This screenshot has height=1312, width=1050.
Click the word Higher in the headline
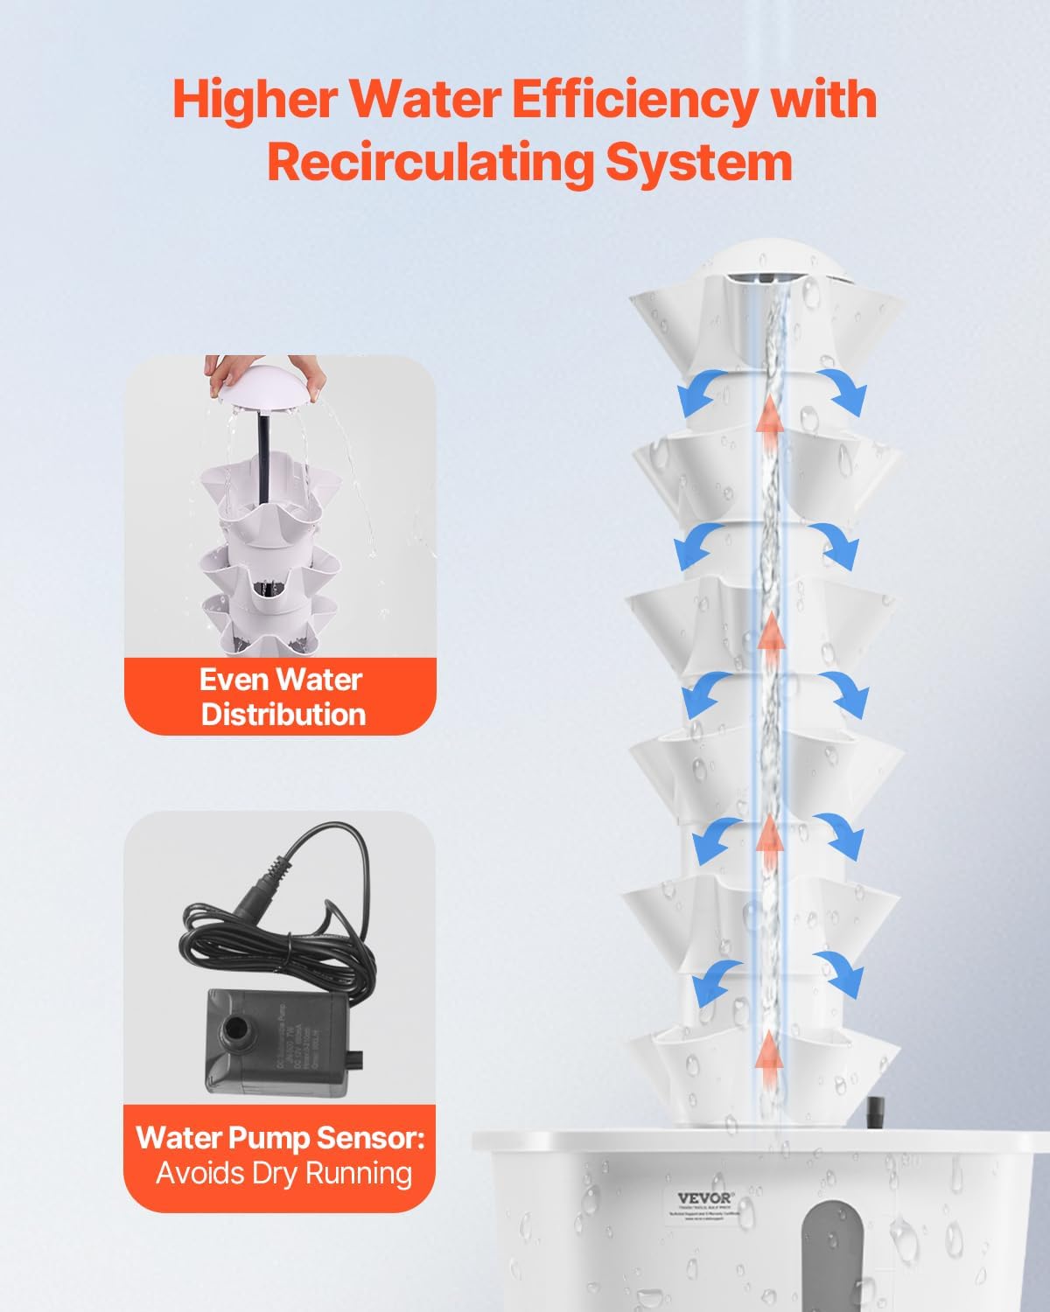click(253, 99)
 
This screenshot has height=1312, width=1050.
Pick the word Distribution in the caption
click(283, 714)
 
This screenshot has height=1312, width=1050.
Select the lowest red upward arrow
click(768, 1050)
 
